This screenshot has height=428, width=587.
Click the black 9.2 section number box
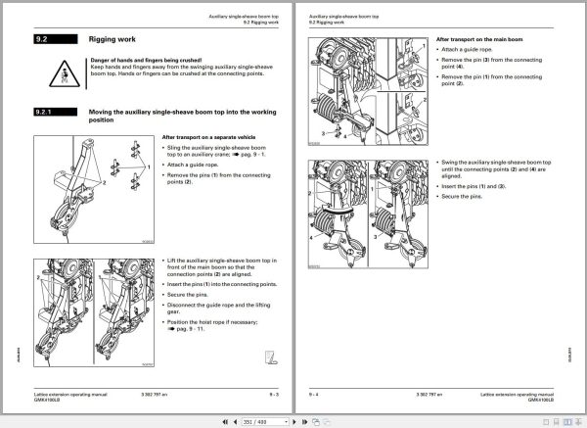(x=48, y=41)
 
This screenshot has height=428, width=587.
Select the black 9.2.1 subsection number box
(x=49, y=113)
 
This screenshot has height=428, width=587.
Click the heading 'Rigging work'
(x=111, y=41)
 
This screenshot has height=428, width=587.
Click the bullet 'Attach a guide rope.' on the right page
(x=467, y=49)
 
